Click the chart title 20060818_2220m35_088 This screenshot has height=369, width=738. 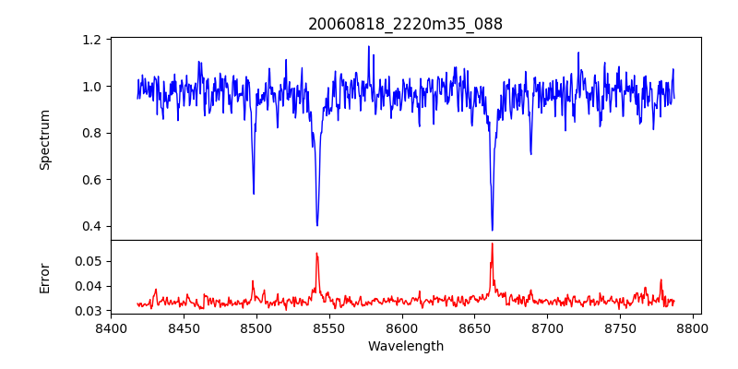(x=405, y=24)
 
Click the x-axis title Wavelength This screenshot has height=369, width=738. (x=405, y=346)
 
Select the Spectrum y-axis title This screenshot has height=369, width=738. (x=44, y=139)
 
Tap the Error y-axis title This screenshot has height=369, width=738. (x=44, y=278)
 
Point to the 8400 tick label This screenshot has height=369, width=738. (x=111, y=328)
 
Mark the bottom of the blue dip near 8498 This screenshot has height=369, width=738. (x=254, y=194)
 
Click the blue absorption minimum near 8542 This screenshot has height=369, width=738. (x=317, y=225)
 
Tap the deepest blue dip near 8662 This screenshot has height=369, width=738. (x=492, y=230)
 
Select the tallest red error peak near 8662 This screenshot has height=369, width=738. (x=492, y=244)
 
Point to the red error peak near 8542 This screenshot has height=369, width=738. (x=316, y=253)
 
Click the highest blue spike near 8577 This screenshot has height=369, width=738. (x=368, y=46)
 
